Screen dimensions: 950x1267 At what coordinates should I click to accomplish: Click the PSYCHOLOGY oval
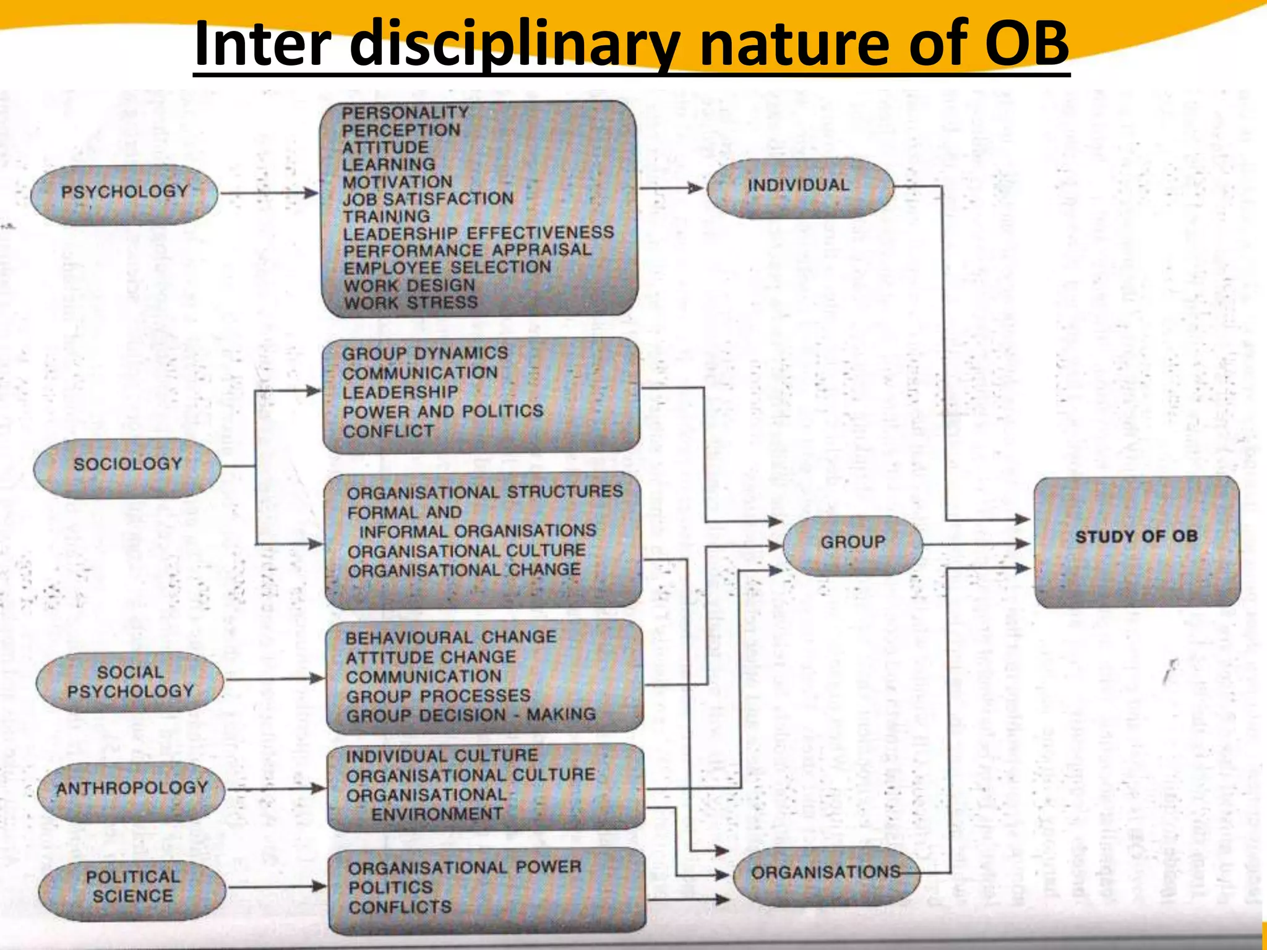pos(124,193)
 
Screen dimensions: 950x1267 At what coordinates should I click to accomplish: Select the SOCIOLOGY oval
pos(127,466)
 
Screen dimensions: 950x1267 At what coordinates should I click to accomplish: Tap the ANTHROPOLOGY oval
pos(132,790)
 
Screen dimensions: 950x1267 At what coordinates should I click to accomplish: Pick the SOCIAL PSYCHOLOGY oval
pos(131,682)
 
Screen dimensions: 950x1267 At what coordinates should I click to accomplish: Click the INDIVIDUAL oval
pos(799,186)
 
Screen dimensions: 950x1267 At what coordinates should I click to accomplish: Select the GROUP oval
pos(853,543)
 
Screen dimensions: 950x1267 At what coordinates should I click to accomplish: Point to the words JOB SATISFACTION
pos(428,199)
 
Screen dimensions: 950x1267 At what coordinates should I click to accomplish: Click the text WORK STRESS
pos(411,303)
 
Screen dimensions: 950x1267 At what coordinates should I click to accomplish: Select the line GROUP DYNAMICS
pos(425,354)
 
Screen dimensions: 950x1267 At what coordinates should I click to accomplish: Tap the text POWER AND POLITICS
pos(443,412)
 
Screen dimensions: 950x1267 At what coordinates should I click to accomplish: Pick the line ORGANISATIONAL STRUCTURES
pos(485,492)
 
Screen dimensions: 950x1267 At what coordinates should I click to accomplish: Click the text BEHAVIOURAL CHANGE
pos(450,638)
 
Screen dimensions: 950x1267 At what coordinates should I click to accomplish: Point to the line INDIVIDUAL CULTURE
pos(442,756)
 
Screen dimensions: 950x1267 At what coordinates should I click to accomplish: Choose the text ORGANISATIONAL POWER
pos(465,868)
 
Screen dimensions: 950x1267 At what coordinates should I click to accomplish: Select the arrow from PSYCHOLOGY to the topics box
pos(270,194)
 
